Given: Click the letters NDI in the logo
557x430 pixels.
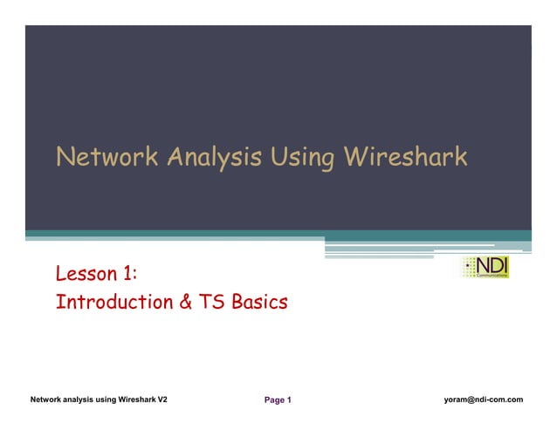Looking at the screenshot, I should click(x=493, y=263).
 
